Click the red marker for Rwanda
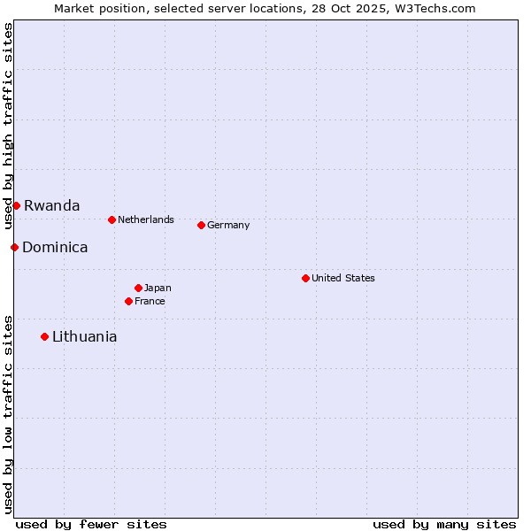tap(16, 205)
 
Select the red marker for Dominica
tap(14, 247)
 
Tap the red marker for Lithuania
tap(44, 336)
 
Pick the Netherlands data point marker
tap(112, 219)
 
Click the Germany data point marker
tap(201, 225)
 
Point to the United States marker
tap(305, 278)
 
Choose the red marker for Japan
tap(138, 288)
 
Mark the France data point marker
tap(128, 301)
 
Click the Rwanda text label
tap(51, 205)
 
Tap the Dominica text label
tap(55, 247)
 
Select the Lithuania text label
tap(84, 336)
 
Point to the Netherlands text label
tap(146, 219)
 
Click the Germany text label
tap(228, 225)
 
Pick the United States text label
tap(343, 278)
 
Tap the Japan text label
tap(158, 288)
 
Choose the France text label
tap(150, 301)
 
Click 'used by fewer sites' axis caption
tap(91, 524)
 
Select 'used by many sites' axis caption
tap(444, 524)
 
